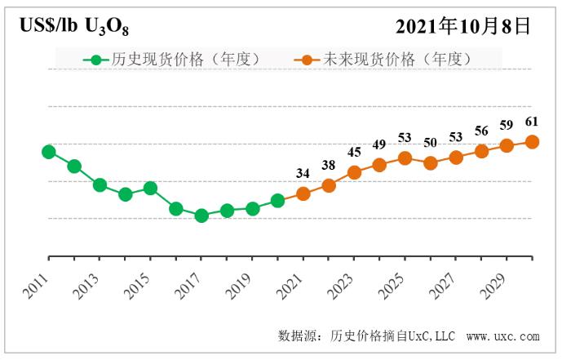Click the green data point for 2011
click(x=49, y=152)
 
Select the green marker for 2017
click(x=201, y=216)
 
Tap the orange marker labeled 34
click(x=303, y=193)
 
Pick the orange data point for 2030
click(x=532, y=141)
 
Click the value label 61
click(x=532, y=122)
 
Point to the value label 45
click(x=354, y=152)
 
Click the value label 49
click(x=379, y=144)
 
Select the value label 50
click(x=431, y=143)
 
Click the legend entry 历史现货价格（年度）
click(x=175, y=60)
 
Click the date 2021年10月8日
click(x=463, y=27)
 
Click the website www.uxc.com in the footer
click(x=503, y=336)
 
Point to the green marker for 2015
click(x=151, y=189)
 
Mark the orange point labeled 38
click(x=329, y=185)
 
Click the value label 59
click(x=507, y=127)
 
